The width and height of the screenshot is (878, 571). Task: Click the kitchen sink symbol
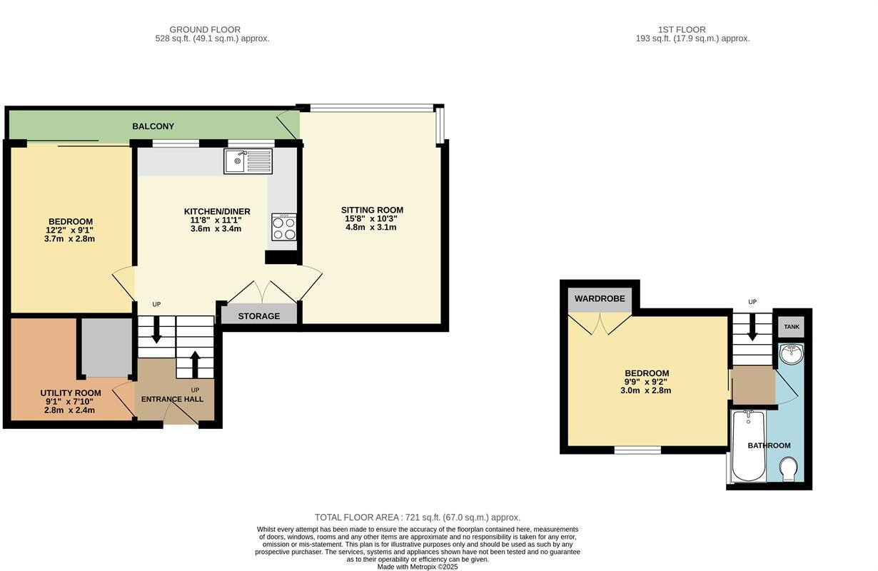248,161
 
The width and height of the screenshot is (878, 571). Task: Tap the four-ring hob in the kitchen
283,228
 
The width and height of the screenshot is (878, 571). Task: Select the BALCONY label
153,126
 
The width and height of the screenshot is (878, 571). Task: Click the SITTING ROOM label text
372,210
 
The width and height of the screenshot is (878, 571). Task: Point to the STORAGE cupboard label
258,316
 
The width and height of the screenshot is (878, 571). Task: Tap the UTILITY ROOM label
70,393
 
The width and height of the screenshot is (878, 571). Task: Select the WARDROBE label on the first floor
600,298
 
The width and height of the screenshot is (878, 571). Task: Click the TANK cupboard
792,327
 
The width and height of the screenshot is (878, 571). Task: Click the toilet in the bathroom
789,470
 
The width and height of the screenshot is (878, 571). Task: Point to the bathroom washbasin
791,354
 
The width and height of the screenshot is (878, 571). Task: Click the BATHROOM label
769,445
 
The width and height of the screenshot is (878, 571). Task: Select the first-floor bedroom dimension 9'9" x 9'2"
647,382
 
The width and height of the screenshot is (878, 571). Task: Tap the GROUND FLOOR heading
199,30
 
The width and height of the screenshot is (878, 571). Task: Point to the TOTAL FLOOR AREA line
418,517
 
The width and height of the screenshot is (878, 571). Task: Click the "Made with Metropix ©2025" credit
418,567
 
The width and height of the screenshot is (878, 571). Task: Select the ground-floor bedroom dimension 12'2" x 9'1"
70,230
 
